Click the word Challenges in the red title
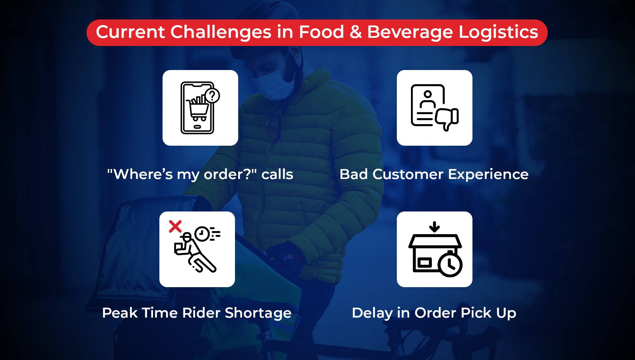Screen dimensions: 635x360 pyautogui.click(x=221, y=33)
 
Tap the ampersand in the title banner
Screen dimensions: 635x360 pyautogui.click(x=356, y=32)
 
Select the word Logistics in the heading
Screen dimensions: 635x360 pyautogui.click(x=498, y=33)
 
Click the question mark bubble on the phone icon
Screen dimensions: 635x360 pyautogui.click(x=212, y=95)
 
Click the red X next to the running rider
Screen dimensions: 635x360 pyautogui.click(x=175, y=226)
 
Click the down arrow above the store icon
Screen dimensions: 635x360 pyautogui.click(x=434, y=227)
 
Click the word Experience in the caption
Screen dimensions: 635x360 pyautogui.click(x=488, y=175)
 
